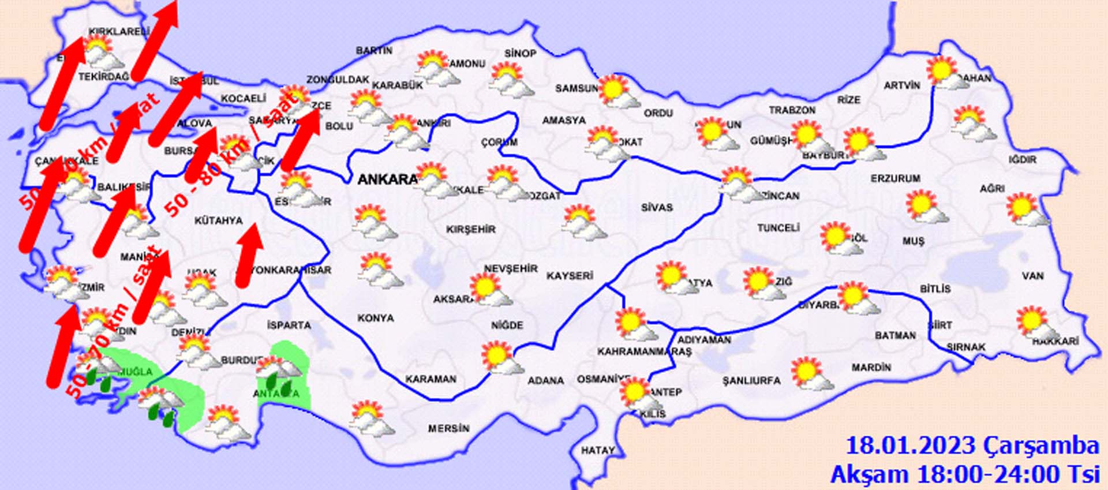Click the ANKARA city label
coord(387,179)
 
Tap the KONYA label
coord(376,318)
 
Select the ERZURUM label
coord(895,179)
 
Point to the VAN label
coord(1032,276)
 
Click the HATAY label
coord(597,450)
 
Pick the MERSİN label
coord(448,429)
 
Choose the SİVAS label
coord(657,207)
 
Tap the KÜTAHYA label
coord(218,220)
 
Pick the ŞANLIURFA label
coord(751,381)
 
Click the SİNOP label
coord(520,53)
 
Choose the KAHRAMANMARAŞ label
coord(643,351)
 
